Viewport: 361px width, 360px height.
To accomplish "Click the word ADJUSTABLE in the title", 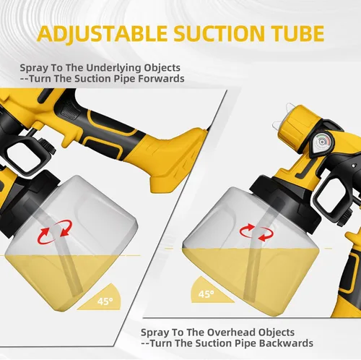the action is pyautogui.click(x=103, y=33).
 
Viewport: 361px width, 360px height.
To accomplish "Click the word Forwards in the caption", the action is pyautogui.click(x=161, y=79).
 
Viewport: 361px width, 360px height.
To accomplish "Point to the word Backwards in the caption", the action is pyautogui.click(x=286, y=343).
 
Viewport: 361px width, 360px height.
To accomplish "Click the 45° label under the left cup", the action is pyautogui.click(x=105, y=301).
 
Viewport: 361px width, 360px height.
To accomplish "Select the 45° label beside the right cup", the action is pyautogui.click(x=206, y=294).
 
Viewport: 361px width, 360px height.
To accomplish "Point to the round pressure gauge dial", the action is pyautogui.click(x=322, y=142).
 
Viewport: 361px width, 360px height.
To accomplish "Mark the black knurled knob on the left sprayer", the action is pyautogui.click(x=49, y=147).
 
